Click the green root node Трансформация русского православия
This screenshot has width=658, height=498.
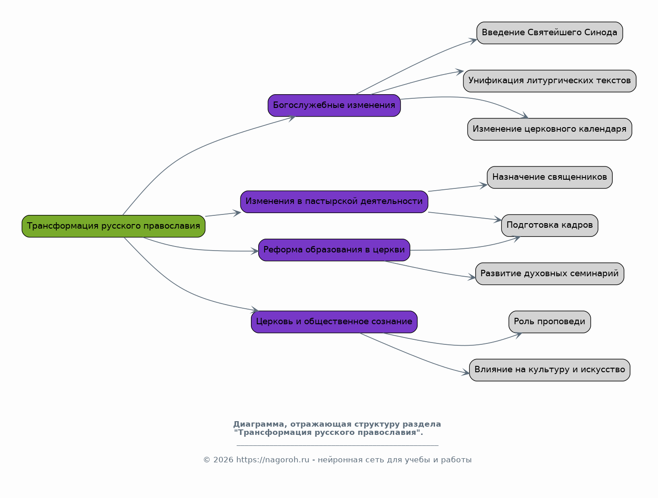click(x=113, y=226)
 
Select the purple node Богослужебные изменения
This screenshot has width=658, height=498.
click(x=334, y=105)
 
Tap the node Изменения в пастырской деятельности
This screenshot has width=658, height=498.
click(x=334, y=202)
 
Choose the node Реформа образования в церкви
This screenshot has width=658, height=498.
click(x=334, y=250)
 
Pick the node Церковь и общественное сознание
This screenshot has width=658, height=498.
click(x=334, y=322)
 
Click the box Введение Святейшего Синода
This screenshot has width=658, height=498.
click(x=549, y=33)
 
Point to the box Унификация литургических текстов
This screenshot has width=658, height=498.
click(x=549, y=81)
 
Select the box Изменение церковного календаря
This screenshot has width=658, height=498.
click(x=549, y=129)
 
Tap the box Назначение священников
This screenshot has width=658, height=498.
click(x=549, y=177)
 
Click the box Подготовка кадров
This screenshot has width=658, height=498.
click(x=549, y=225)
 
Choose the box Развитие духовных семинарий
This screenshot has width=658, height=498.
click(x=549, y=274)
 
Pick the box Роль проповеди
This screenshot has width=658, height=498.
click(x=549, y=322)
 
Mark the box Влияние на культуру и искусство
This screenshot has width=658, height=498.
click(x=549, y=370)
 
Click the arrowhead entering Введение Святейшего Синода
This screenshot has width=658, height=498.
click(x=473, y=41)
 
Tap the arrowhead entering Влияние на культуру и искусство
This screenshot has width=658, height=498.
click(x=466, y=372)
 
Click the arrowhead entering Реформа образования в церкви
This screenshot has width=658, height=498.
click(x=255, y=251)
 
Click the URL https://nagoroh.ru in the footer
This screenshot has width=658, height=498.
click(x=272, y=460)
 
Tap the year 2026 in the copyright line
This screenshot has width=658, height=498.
click(x=223, y=460)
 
